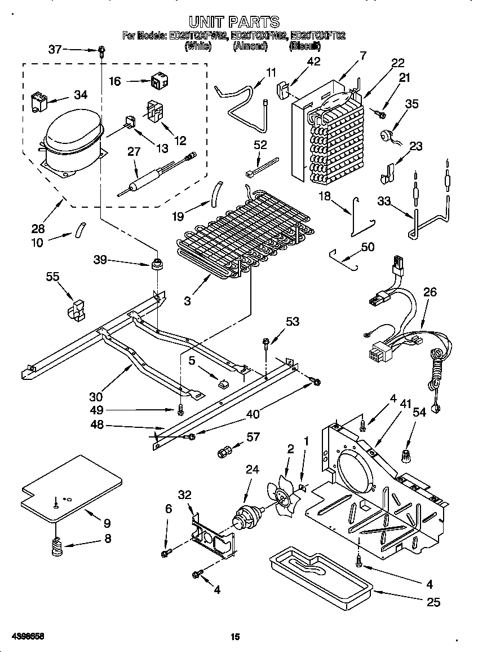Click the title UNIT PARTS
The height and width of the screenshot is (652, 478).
pyautogui.click(x=233, y=22)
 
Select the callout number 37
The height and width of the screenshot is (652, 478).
pyautogui.click(x=55, y=50)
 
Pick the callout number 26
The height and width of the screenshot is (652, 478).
pyautogui.click(x=430, y=292)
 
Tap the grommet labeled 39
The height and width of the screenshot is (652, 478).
pyautogui.click(x=156, y=264)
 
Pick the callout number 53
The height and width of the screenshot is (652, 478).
pyautogui.click(x=293, y=322)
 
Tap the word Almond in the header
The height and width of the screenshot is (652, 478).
pyautogui.click(x=249, y=47)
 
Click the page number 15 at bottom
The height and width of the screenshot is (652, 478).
pyautogui.click(x=235, y=637)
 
